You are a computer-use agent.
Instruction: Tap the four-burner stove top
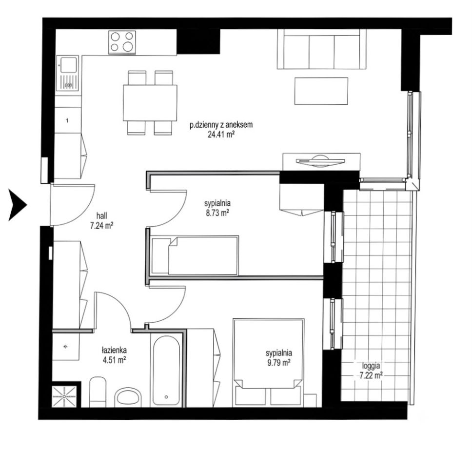pos(122,42)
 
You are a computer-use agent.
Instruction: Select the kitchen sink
pos(67,73)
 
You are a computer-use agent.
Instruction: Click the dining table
pos(150,103)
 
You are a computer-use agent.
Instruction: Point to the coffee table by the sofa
pos(321,91)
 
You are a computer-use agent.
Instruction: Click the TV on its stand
pos(320,161)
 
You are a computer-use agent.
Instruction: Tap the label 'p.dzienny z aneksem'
pos(221,125)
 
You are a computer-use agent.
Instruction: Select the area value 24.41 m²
pos(221,135)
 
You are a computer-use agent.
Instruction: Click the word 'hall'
pos(102,215)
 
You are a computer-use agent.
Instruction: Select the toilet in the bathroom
pos(98,391)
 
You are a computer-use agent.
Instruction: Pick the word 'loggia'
pos(371,366)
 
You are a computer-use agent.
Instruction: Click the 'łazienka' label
pos(114,350)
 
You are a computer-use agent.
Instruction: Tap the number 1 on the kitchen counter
pos(67,121)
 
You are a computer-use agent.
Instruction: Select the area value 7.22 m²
pos(371,375)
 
